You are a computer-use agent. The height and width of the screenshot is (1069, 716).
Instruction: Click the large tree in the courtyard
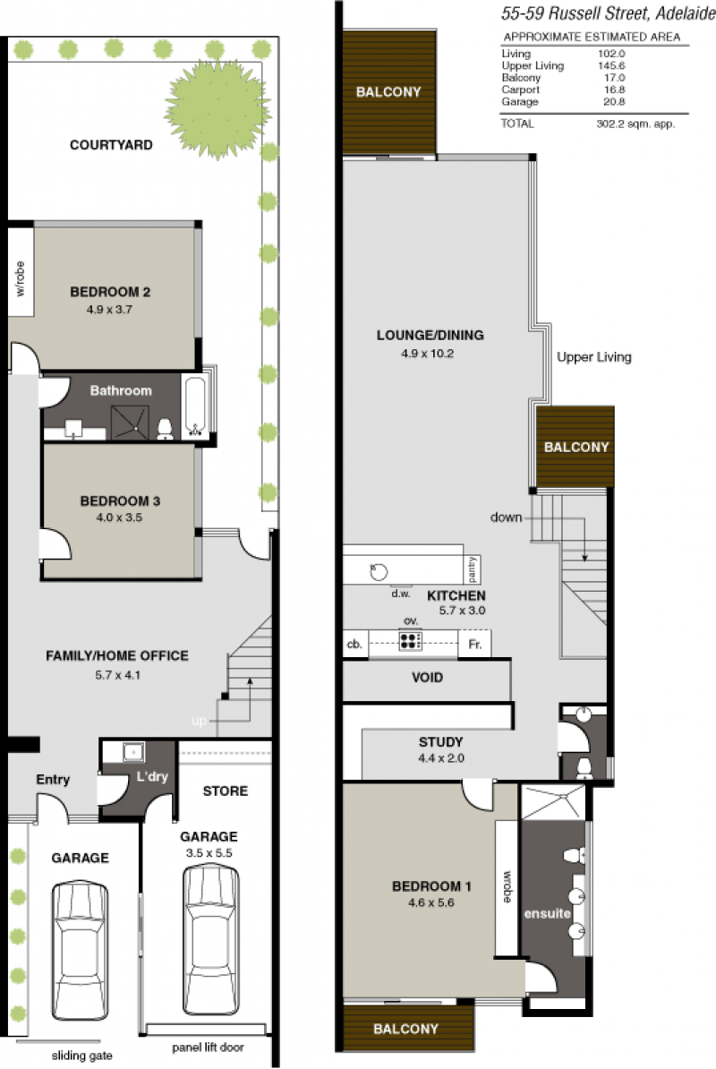[217, 109]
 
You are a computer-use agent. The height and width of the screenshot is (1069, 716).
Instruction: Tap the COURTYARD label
[111, 144]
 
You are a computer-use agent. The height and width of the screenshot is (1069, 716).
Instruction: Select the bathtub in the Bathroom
[195, 406]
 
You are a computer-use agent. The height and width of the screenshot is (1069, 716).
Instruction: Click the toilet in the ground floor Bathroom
[165, 428]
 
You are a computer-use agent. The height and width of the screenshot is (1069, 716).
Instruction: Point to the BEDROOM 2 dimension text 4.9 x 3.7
[109, 310]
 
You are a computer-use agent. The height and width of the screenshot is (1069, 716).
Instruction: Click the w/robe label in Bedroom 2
[20, 278]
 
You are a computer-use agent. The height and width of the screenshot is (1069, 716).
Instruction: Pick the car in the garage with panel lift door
[211, 939]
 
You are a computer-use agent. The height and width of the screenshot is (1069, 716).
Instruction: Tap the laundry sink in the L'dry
[133, 752]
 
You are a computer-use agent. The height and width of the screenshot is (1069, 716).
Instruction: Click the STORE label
[225, 791]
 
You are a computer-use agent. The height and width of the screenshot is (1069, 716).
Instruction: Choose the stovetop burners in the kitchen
[410, 641]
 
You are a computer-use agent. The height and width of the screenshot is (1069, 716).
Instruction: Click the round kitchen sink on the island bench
[379, 571]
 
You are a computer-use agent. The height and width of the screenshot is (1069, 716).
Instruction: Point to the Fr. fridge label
[475, 644]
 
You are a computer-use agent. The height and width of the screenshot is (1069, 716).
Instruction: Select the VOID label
[427, 678]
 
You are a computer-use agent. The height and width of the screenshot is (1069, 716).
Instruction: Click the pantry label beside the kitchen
[473, 569]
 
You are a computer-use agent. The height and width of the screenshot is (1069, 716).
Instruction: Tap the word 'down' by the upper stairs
[507, 517]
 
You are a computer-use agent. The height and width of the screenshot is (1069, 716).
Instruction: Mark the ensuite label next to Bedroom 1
[547, 913]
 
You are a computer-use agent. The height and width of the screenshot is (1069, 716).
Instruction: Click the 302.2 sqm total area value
[635, 124]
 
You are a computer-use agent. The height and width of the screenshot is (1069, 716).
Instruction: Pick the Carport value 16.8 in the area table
[614, 90]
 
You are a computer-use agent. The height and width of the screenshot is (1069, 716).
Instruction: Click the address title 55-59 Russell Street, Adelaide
[608, 13]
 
